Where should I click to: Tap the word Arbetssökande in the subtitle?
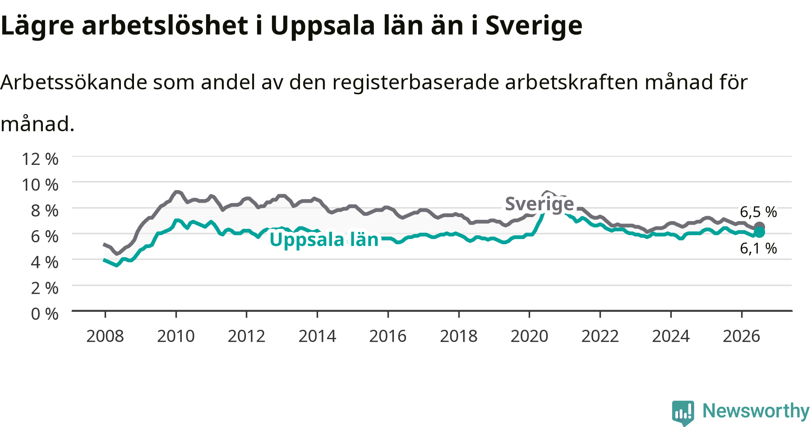pos(74,82)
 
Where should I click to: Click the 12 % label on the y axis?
pos(40,159)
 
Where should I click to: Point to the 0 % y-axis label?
pos(45,313)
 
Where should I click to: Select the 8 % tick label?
pos(45,210)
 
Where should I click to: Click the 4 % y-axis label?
pos(45,262)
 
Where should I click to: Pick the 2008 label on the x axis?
pos(105,336)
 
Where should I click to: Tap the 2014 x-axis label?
pos(317,336)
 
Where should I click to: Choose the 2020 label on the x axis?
pos(529,336)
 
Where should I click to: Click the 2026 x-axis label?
pos(742,336)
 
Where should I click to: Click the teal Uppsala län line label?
pos(324,240)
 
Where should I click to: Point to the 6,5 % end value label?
pos(758,212)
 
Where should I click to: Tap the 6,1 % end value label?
pos(758,248)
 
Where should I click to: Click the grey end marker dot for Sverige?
pos(759,227)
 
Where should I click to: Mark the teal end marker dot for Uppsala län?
pos(760,232)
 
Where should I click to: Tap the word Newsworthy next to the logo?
pos(756,411)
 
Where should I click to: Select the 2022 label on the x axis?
pos(600,336)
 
